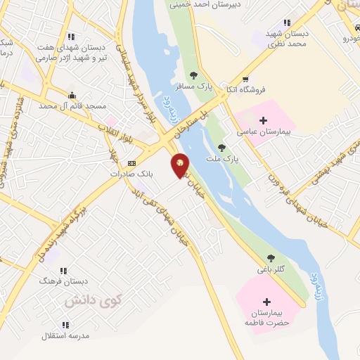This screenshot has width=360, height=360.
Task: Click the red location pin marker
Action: pyautogui.click(x=180, y=165)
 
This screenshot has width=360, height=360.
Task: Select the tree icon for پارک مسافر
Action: pyautogui.click(x=194, y=75)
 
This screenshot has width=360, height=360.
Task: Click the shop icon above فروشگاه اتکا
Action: pyautogui.click(x=245, y=79)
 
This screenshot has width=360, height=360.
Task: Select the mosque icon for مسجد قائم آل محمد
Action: pyautogui.click(x=72, y=95)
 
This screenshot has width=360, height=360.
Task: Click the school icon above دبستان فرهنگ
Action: pyautogui.click(x=63, y=270)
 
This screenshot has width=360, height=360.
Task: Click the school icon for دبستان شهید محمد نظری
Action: pyautogui.click(x=286, y=22)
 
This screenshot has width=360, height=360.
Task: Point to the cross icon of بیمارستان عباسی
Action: pyautogui.click(x=264, y=121)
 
